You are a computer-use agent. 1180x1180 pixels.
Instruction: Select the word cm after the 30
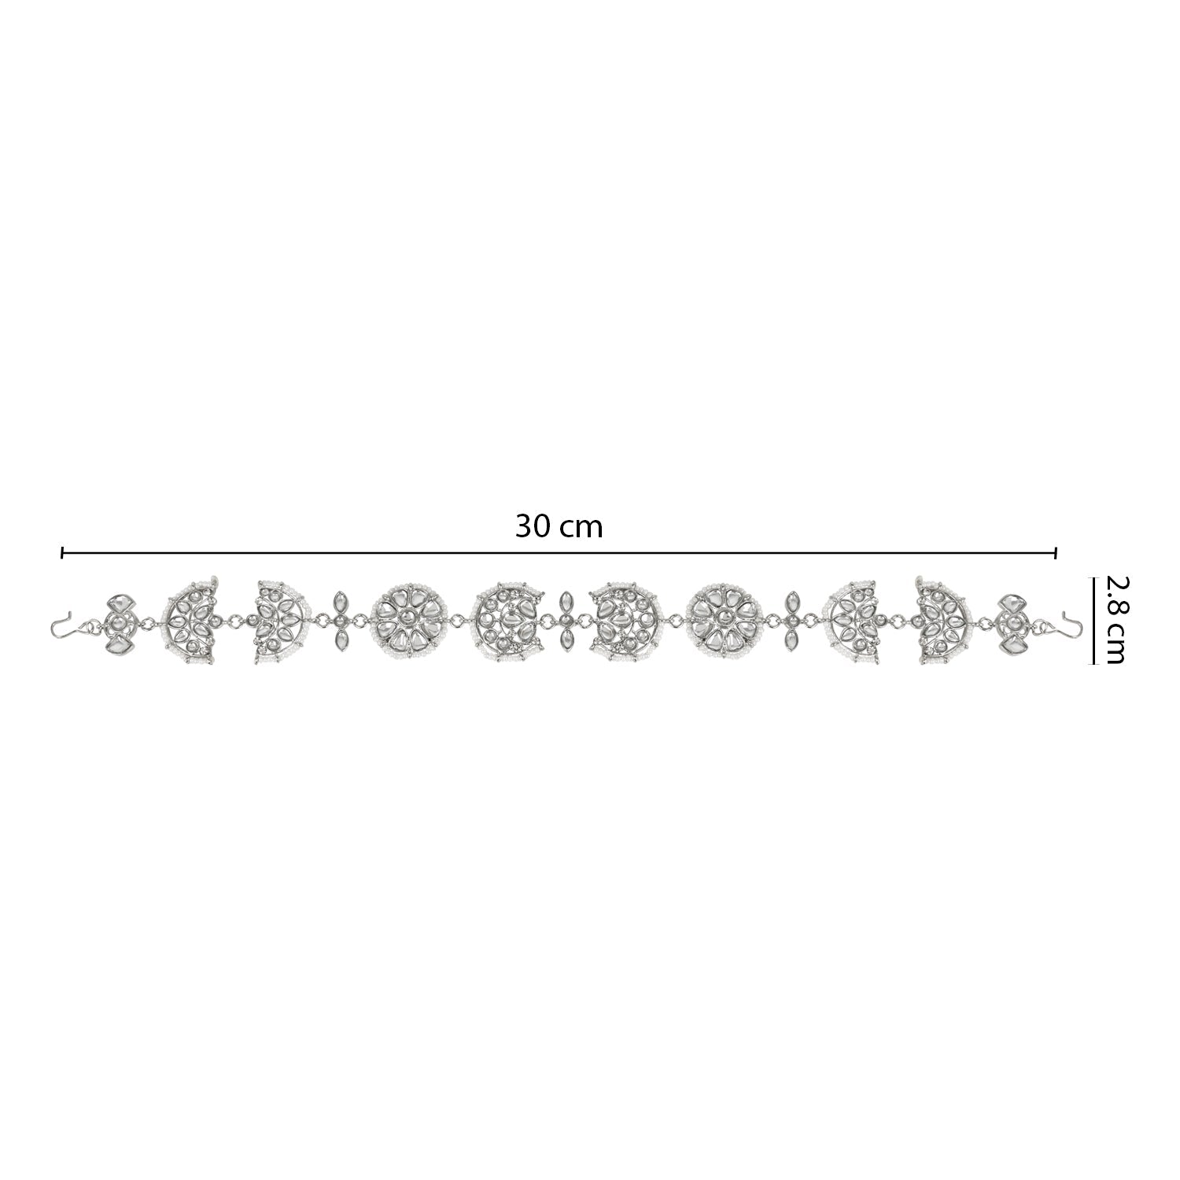click(582, 529)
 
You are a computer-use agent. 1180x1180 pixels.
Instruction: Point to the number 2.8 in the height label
click(1117, 599)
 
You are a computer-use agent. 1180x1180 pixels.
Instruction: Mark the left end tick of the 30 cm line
click(62, 554)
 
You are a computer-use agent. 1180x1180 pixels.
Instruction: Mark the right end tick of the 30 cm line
click(1056, 554)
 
